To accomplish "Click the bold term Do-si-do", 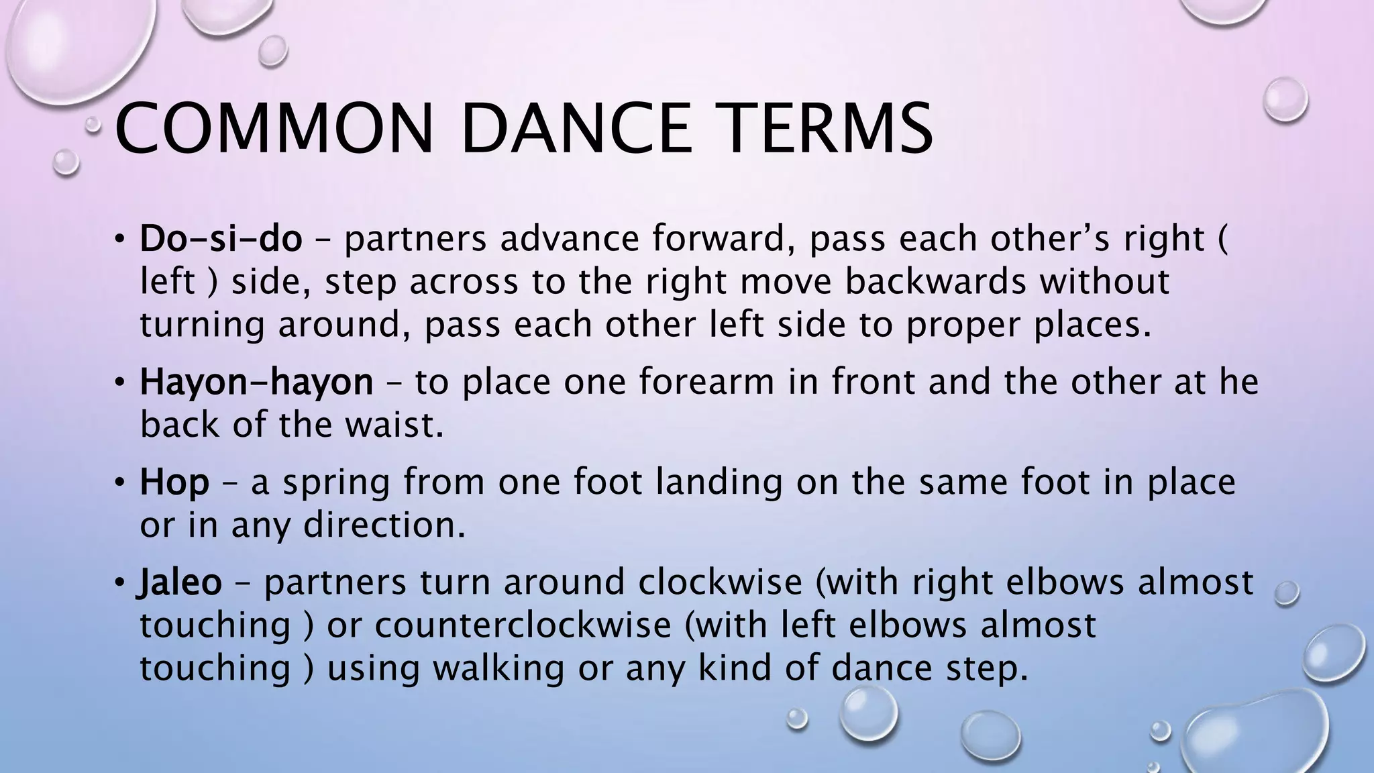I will click(221, 239).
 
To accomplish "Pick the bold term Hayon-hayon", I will click(256, 382).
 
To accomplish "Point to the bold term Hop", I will click(174, 482).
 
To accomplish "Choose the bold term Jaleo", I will click(180, 582).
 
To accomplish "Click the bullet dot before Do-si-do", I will click(119, 239).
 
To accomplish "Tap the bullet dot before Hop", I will click(119, 482).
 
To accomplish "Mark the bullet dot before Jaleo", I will click(119, 582).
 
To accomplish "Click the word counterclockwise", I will click(523, 625).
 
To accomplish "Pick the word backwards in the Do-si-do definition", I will click(935, 282).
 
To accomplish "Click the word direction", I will click(384, 525).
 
